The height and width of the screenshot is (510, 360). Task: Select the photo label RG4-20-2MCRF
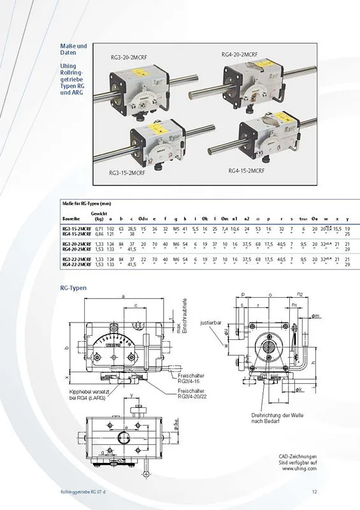(241, 54)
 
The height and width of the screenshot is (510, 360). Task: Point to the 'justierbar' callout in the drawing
(210, 322)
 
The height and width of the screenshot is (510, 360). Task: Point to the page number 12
(314, 490)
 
